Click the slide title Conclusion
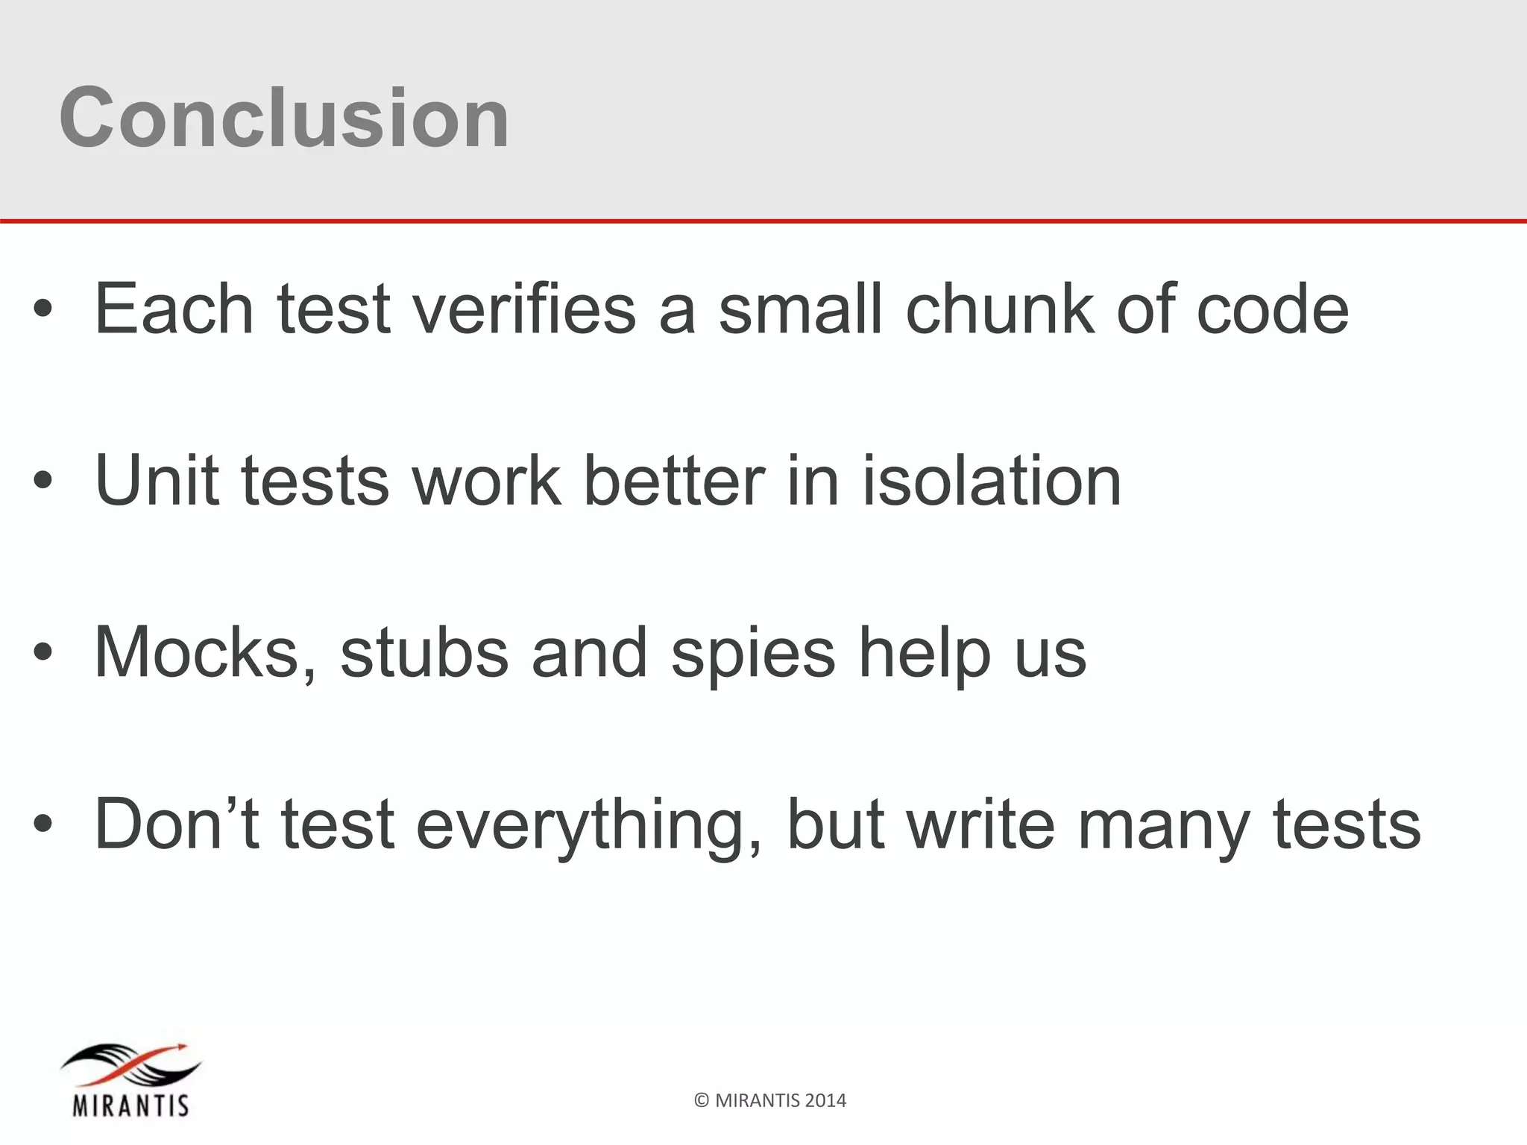pos(284,118)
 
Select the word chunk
pos(998,309)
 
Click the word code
pos(1272,309)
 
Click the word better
pos(673,480)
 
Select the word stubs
pos(424,653)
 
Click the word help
pos(925,653)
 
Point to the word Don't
pos(177,824)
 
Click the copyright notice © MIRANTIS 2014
pos(770,1100)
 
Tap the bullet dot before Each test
pos(42,310)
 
